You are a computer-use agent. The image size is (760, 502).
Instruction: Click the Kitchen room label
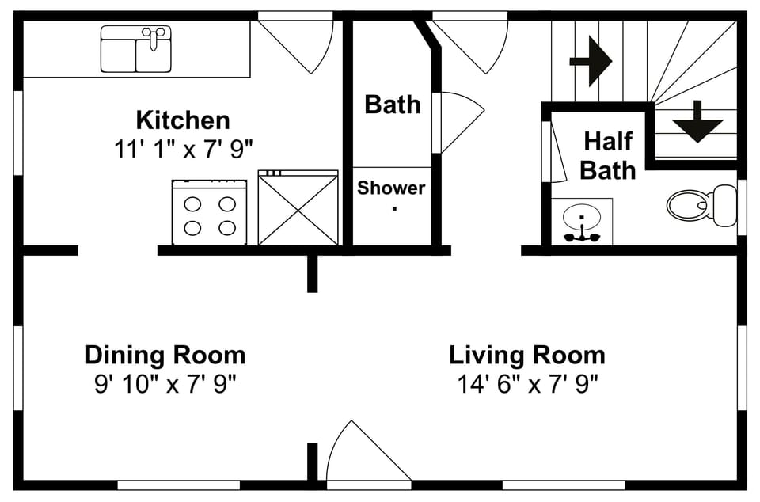[x=183, y=120]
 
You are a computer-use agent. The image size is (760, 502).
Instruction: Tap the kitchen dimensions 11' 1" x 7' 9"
[x=183, y=149]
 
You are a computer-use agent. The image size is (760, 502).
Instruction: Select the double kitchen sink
[x=136, y=49]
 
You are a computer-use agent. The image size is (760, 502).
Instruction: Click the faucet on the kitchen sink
[x=155, y=36]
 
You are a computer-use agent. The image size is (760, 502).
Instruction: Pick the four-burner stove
[x=209, y=212]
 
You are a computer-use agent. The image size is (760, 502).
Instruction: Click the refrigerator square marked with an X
[x=298, y=208]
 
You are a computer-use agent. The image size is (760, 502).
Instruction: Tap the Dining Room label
[x=165, y=354]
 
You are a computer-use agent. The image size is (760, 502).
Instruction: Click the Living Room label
[x=527, y=354]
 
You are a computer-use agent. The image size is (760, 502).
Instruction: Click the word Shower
[x=391, y=188]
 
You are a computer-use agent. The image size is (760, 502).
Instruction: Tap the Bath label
[x=392, y=105]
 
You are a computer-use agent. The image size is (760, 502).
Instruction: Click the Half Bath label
[x=608, y=155]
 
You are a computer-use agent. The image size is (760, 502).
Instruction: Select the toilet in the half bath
[x=701, y=205]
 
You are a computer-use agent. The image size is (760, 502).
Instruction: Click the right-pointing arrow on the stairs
[x=591, y=60]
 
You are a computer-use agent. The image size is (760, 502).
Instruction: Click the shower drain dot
[x=394, y=210]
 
